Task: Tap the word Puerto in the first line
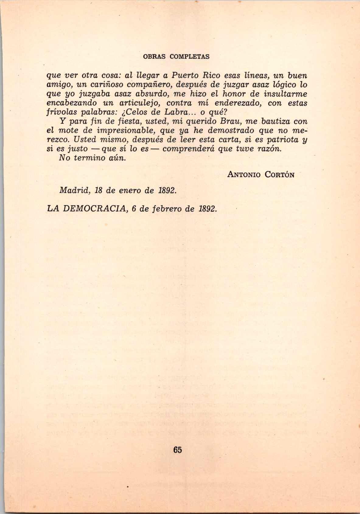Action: [x=185, y=75]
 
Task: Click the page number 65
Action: [x=177, y=450]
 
